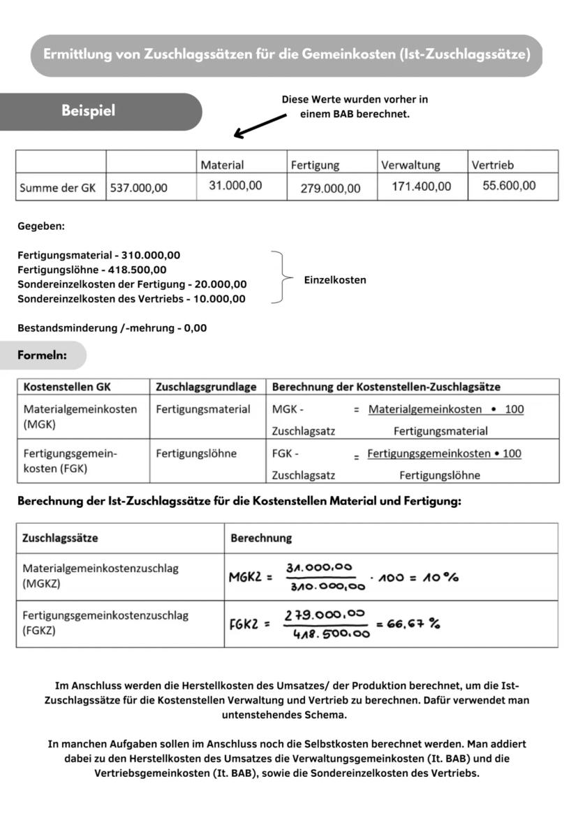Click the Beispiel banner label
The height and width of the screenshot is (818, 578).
point(88,111)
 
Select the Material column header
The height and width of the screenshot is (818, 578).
point(222,165)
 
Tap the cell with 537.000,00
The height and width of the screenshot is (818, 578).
point(139,188)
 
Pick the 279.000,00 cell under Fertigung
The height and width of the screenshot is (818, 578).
point(330,188)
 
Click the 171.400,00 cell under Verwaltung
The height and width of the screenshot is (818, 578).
point(421,187)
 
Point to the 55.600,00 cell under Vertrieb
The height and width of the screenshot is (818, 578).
point(509,185)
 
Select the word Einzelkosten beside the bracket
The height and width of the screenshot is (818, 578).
point(335,280)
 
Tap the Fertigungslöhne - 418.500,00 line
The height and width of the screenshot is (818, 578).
point(92,270)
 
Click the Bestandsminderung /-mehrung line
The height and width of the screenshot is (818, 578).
point(112,328)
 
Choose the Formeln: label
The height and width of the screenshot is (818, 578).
point(42,356)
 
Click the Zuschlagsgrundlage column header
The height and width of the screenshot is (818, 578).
point(206,386)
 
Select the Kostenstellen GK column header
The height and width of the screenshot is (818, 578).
point(67,386)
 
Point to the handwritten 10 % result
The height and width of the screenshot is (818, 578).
point(440,577)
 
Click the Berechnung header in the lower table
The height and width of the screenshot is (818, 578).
point(261,539)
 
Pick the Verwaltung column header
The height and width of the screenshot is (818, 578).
point(410,165)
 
